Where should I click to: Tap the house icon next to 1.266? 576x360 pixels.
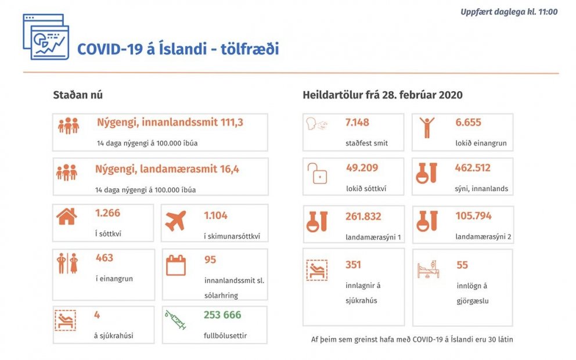click(66, 217)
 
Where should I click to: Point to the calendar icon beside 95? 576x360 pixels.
click(176, 265)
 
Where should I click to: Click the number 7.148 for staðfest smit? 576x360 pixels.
click(357, 123)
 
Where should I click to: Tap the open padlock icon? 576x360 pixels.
click(319, 173)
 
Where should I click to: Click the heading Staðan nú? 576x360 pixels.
click(78, 95)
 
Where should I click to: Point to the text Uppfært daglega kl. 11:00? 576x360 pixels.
click(509, 12)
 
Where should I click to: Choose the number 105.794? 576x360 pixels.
click(473, 216)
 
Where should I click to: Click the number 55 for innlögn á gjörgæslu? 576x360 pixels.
click(462, 265)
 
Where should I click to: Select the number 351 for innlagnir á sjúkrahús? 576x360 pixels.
click(352, 265)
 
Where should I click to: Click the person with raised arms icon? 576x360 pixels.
click(427, 127)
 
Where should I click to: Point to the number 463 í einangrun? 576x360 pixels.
click(105, 258)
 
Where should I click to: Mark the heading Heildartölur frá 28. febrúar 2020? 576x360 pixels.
click(382, 95)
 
